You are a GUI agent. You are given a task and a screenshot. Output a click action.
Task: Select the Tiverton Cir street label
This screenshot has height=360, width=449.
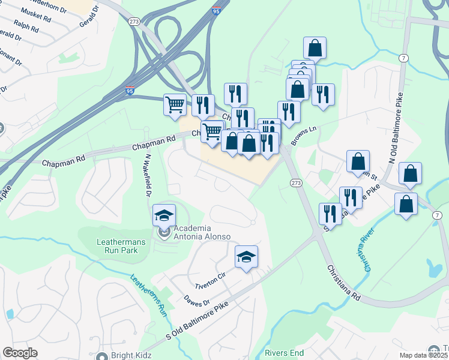pos(209,275)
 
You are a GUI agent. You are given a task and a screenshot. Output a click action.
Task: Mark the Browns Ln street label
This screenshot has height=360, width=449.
pos(304,136)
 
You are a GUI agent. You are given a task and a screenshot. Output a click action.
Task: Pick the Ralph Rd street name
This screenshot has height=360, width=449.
pos(28,27)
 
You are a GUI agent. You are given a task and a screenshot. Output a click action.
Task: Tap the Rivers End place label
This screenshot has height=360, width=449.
pos(285,353)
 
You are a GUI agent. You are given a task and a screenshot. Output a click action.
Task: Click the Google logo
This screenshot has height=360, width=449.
pos(20,353)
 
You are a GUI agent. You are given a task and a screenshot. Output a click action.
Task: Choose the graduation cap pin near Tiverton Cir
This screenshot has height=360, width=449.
pos(246,257)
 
